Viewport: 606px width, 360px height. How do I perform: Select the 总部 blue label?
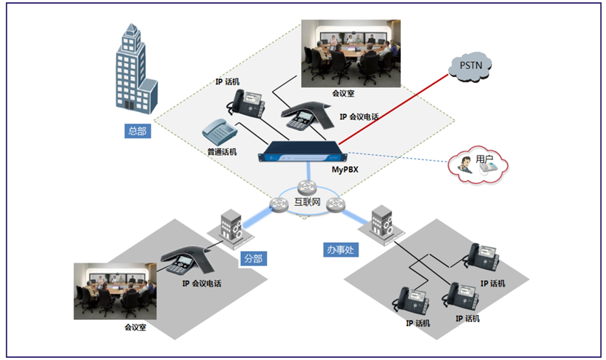[x=136, y=131]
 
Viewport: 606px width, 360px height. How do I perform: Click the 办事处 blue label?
[x=340, y=249]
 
